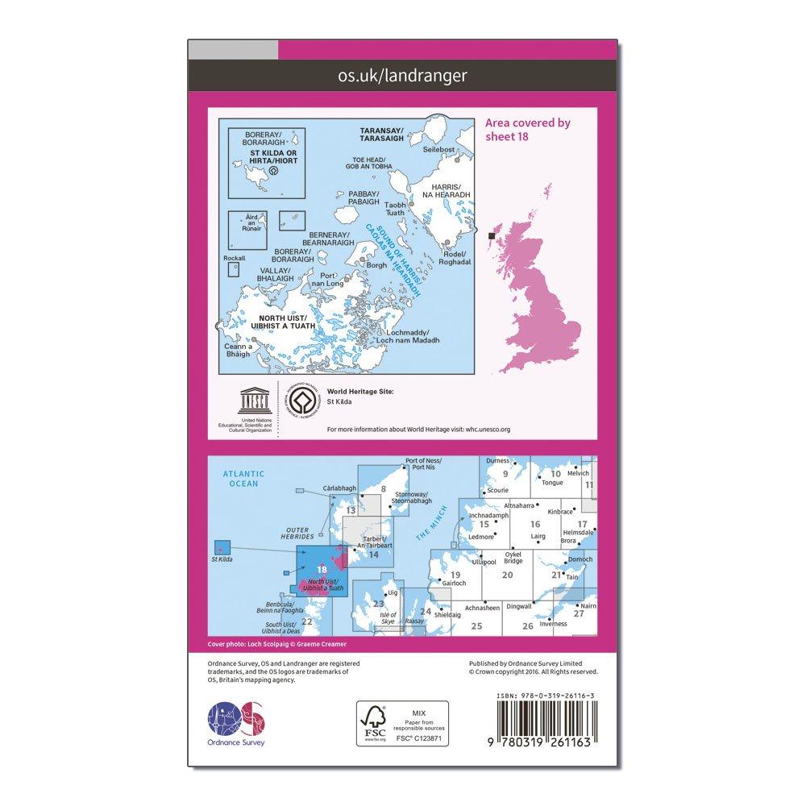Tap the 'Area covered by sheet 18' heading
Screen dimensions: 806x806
(528, 130)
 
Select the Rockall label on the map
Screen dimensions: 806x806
(234, 258)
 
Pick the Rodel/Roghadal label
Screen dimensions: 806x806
(455, 258)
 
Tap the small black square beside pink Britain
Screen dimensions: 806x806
(492, 235)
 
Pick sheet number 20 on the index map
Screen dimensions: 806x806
(507, 574)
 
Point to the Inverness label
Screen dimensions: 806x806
(554, 624)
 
